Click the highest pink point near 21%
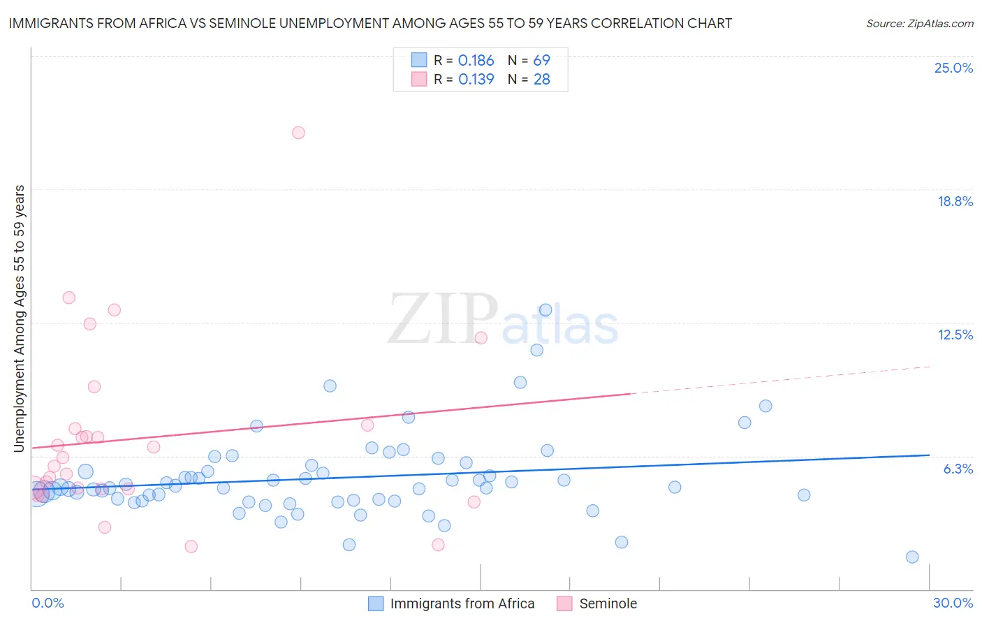coord(298,133)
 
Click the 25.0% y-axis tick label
coord(953,68)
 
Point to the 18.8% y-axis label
coord(954,201)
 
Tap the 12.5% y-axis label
coord(955,335)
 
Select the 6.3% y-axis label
coord(958,469)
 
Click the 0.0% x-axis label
coord(47,603)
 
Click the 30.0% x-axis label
coord(953,603)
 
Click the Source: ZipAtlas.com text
coord(919,23)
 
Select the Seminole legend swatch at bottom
coord(564,603)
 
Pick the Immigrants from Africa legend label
coord(462,603)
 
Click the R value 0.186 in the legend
coord(476,61)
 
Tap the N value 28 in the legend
coord(541,80)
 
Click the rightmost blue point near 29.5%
coord(912,557)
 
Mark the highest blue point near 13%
coord(545,310)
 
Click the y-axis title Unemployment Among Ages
coord(19,318)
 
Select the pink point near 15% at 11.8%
coord(481,338)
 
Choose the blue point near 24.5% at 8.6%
coord(765,406)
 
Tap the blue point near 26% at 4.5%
coord(804,494)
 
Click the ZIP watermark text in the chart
coord(443,319)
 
